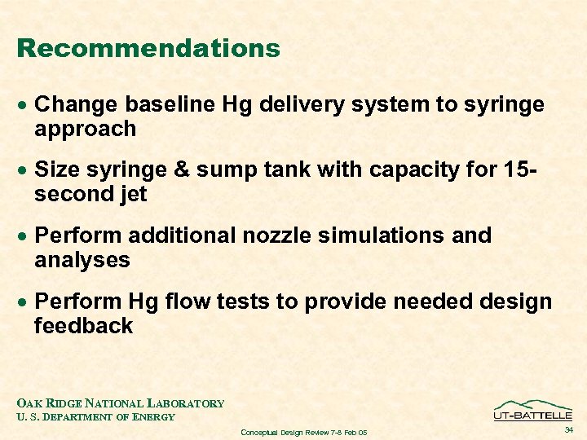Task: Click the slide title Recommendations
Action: coord(148,48)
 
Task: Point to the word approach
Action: coord(85,129)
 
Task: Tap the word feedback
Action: coord(83,326)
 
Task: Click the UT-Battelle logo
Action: coord(532,410)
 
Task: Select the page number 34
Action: coord(568,429)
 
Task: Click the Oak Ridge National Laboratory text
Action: coord(121,403)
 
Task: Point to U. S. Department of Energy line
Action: coord(95,417)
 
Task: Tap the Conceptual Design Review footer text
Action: coord(304,432)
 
